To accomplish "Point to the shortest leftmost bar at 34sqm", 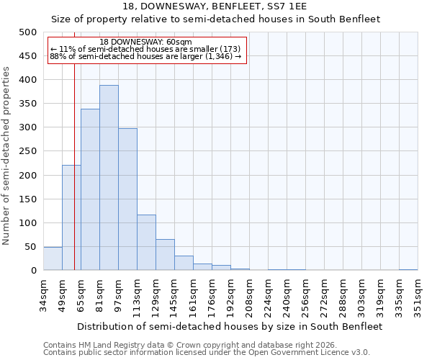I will point(53,259).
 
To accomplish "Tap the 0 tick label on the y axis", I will point(34,271).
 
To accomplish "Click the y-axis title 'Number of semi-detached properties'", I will point(7,156).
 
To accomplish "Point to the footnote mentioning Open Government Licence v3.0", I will point(206,353).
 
